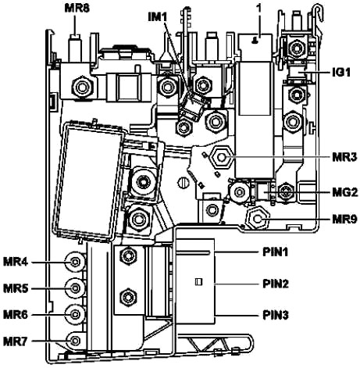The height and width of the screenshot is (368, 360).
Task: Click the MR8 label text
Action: click(x=77, y=9)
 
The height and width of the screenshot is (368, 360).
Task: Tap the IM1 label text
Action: click(x=158, y=17)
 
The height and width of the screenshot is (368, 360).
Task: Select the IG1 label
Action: click(x=341, y=73)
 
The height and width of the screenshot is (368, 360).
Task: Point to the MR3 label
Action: click(x=344, y=157)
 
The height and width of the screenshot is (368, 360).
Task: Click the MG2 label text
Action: click(x=345, y=193)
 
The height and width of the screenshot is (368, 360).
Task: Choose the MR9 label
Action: click(x=344, y=220)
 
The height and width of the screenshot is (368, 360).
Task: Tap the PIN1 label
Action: click(x=276, y=252)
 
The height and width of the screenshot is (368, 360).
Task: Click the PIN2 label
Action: click(x=276, y=284)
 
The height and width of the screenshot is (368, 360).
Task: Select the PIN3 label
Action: click(x=276, y=315)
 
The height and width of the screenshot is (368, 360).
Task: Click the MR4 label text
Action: click(x=16, y=262)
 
